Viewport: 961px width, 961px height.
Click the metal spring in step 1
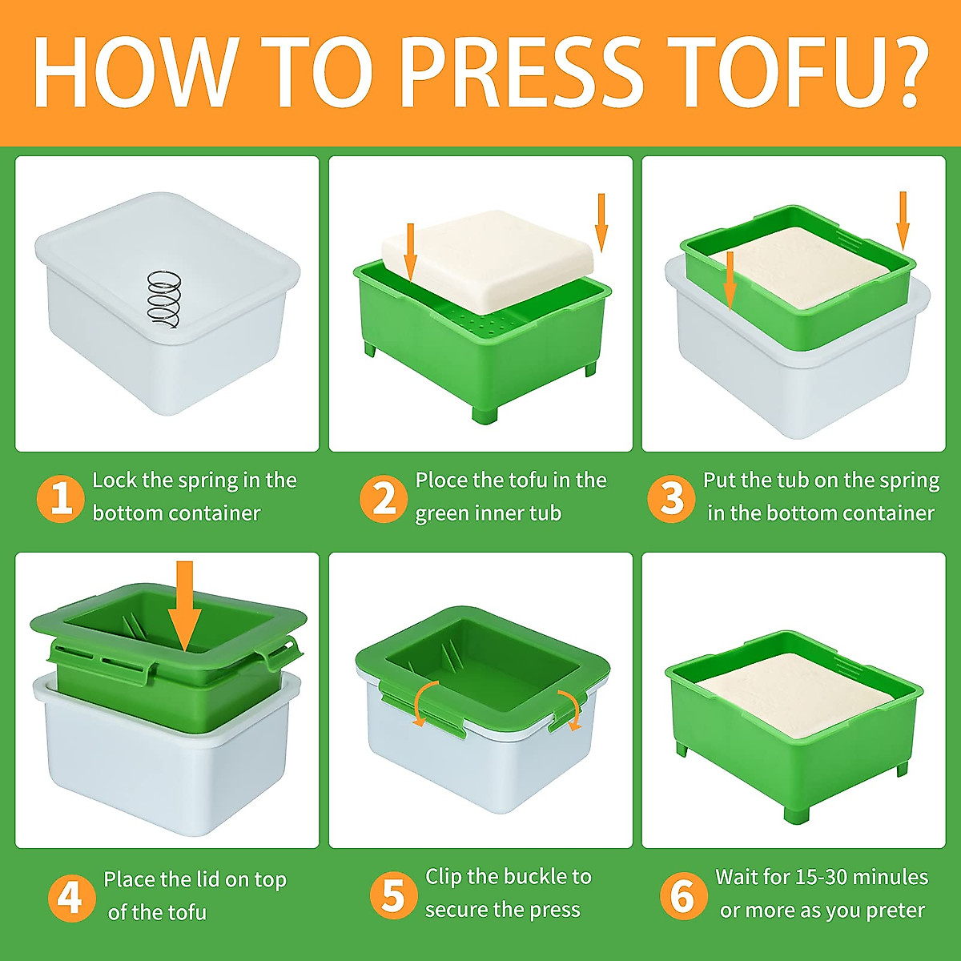click(x=164, y=300)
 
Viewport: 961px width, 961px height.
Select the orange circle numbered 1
click(x=60, y=499)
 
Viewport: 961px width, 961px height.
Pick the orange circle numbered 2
click(x=383, y=499)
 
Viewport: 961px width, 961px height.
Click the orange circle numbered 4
click(x=71, y=898)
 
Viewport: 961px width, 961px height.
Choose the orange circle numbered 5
click(x=393, y=895)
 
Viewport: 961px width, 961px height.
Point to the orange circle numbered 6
click(x=683, y=895)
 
